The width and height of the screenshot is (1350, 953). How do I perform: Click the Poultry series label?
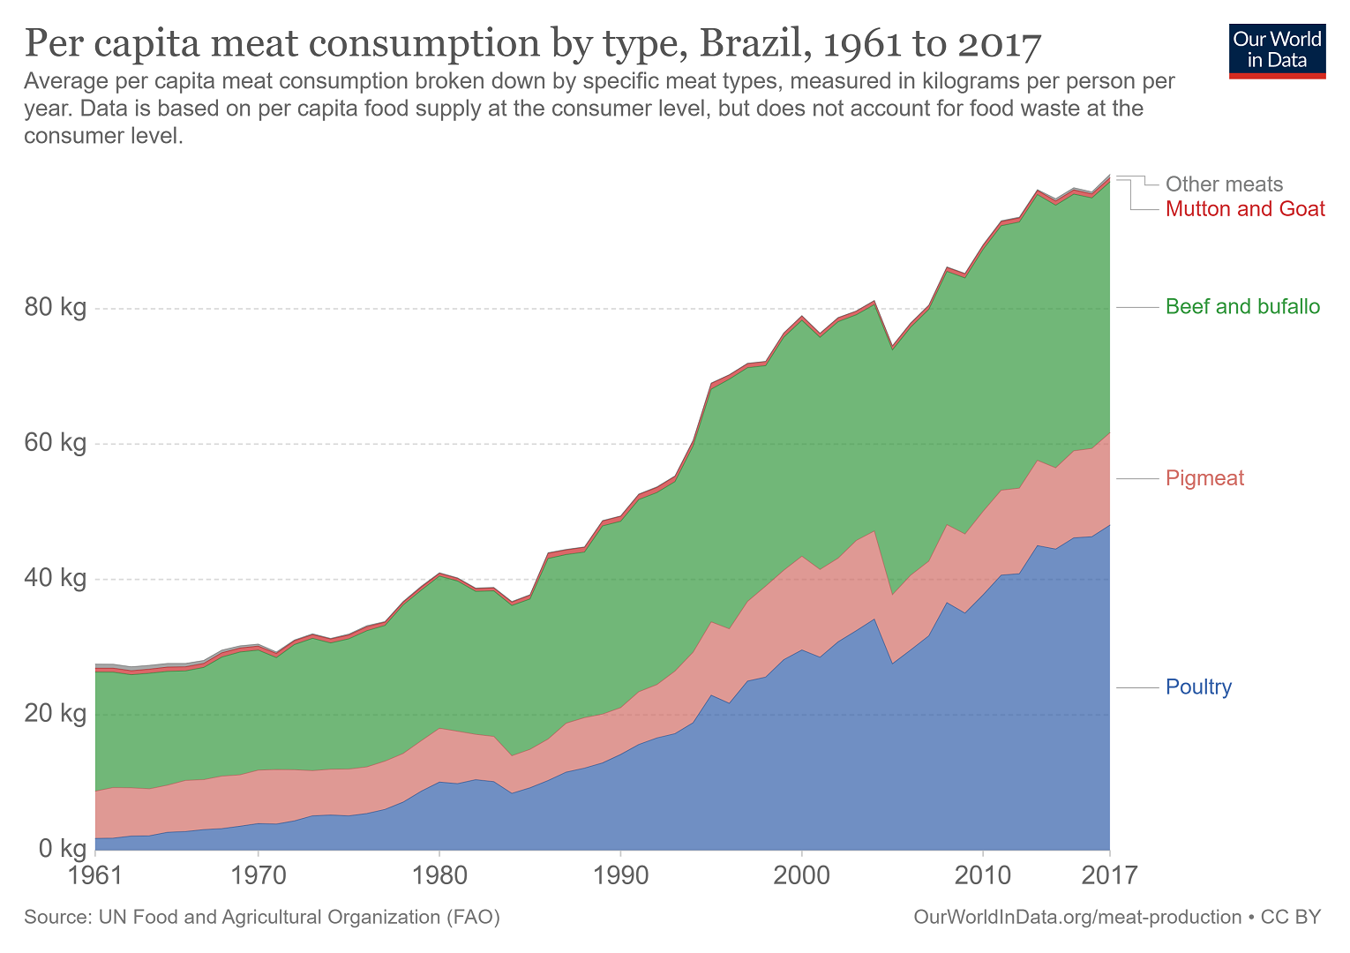point(1198,687)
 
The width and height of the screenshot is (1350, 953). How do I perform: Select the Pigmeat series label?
point(1204,478)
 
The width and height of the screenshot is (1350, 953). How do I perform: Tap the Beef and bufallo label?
point(1242,307)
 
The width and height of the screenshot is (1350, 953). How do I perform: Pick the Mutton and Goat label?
point(1245,209)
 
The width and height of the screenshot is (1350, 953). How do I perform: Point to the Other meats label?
point(1224,184)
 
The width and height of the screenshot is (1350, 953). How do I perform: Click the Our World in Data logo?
point(1277,51)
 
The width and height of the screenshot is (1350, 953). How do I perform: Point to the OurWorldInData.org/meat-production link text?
point(1077,918)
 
